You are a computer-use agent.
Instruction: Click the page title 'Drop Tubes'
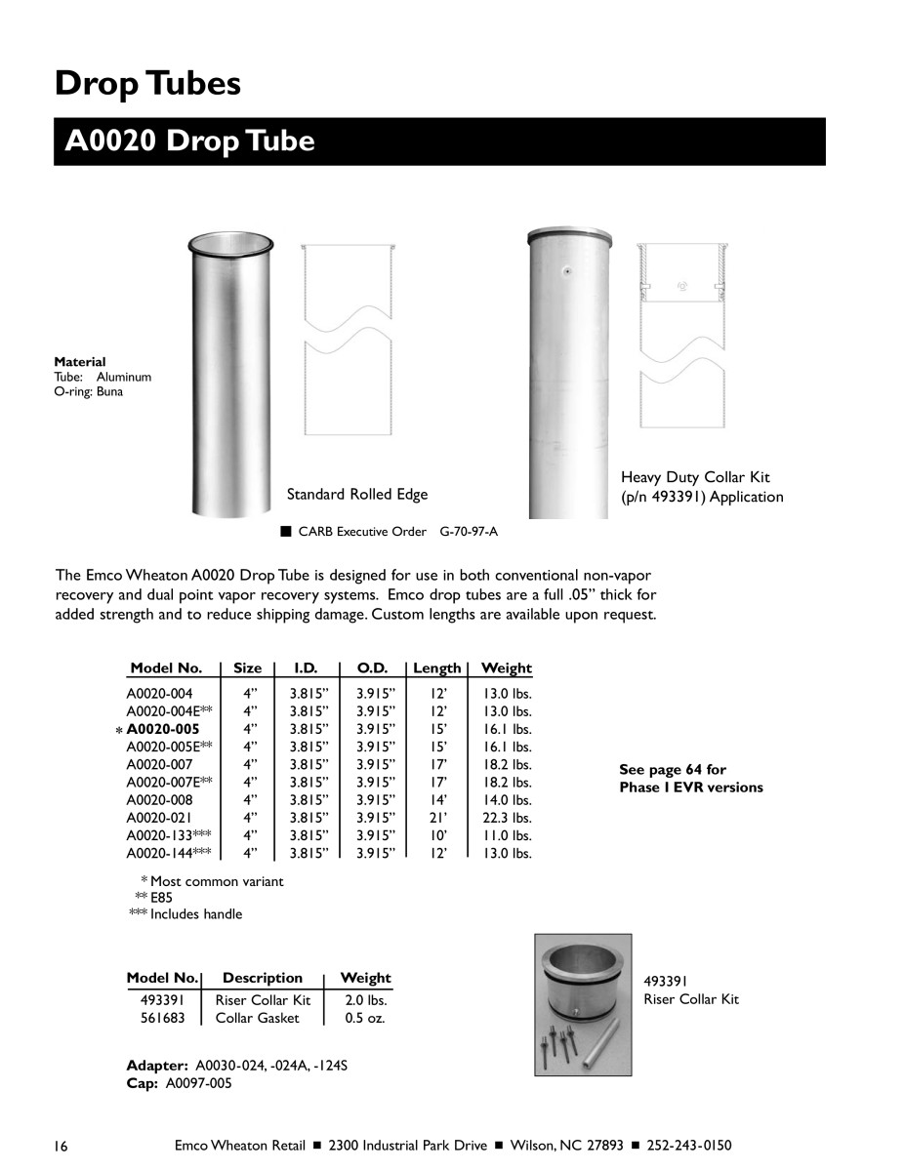pos(147,83)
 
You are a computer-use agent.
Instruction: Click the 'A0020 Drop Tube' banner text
pos(189,141)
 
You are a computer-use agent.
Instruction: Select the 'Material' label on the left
pos(80,361)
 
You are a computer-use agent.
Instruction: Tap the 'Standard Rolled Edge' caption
pos(356,495)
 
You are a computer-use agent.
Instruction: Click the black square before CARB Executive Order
pos(286,532)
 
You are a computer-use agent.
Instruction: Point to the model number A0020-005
pos(162,729)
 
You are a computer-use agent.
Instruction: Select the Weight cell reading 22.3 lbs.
pos(507,818)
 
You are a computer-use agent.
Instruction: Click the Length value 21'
pos(438,818)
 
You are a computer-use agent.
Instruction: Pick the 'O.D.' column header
pos(372,668)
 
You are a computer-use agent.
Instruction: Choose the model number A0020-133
pos(159,835)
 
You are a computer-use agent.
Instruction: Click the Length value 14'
pos(438,800)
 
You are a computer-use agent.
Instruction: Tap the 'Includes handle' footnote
pos(196,914)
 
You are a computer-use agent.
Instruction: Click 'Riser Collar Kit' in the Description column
pos(263,1000)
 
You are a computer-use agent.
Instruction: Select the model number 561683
pos(162,1018)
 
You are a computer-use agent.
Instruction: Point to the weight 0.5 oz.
pos(365,1018)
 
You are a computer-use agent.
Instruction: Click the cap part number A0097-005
pos(199,1083)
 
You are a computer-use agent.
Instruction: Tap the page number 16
pos(62,1146)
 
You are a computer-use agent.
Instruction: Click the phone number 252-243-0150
pos(689,1146)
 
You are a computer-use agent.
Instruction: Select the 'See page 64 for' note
pos(673,770)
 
